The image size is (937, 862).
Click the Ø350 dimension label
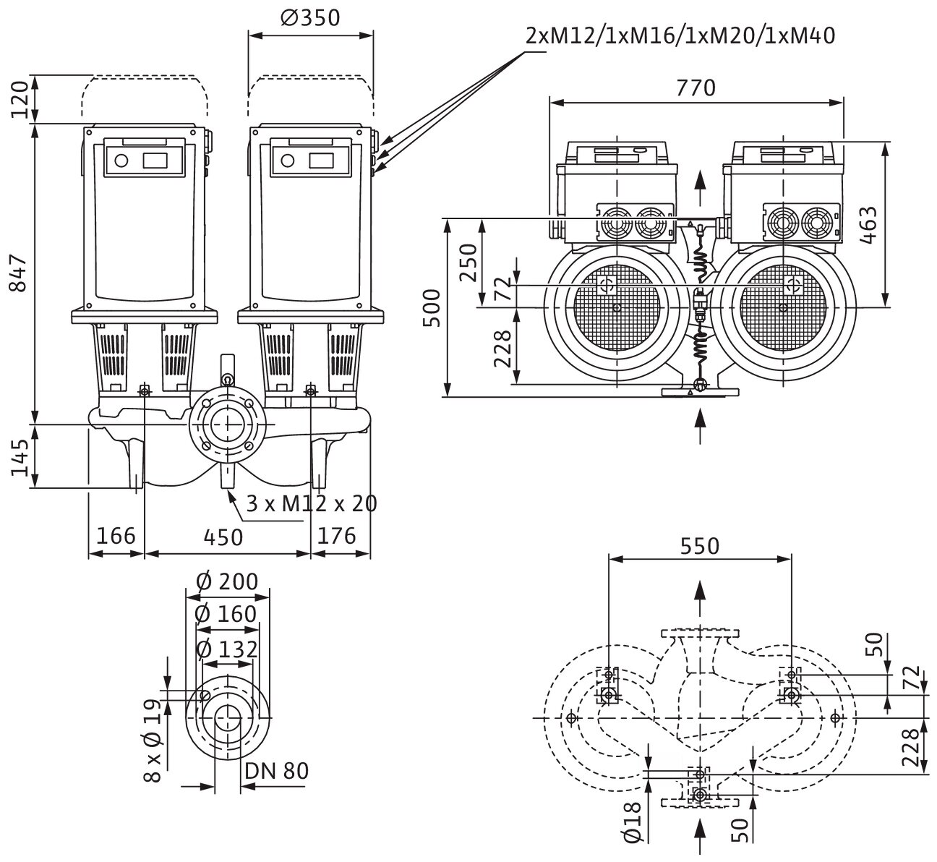(309, 17)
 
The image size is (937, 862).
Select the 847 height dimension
(20, 273)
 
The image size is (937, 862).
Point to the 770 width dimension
(696, 88)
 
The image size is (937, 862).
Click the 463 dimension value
(869, 224)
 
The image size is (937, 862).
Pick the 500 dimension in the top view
(431, 307)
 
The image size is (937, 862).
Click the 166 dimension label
(116, 536)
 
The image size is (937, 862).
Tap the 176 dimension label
(337, 536)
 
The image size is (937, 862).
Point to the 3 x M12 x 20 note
(312, 503)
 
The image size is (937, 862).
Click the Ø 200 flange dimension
(226, 581)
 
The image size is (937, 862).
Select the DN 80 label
(276, 771)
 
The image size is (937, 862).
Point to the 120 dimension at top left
(20, 98)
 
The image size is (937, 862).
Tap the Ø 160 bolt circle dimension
(226, 614)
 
